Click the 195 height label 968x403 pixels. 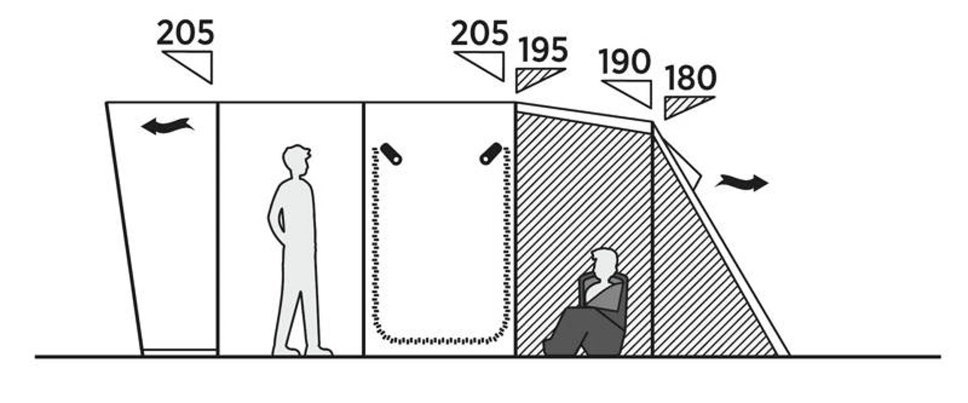pos(543,49)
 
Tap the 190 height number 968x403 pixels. pos(625,62)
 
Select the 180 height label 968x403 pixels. pos(690,78)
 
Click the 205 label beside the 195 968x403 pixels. pos(479,33)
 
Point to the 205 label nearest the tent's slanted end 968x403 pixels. pos(186,33)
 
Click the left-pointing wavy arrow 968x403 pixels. pos(167,126)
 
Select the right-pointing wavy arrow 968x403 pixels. pos(742,182)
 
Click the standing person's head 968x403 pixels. pos(296,160)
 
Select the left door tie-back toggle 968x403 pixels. pos(391,154)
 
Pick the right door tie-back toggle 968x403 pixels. pos(491,154)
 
